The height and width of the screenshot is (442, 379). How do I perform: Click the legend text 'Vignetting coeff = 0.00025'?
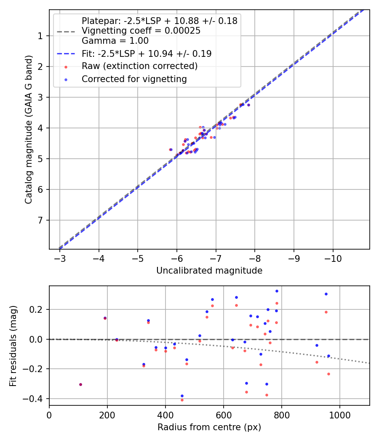pos(141,31)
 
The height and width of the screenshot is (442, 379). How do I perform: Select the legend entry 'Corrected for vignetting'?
pos(134,79)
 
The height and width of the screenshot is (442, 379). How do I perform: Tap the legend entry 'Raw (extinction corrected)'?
pos(139,66)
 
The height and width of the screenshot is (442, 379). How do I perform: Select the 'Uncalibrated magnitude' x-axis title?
pos(209,271)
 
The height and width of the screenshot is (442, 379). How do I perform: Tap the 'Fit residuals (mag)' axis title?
pos(13,346)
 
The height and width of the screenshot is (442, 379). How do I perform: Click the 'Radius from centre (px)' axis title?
pos(209,427)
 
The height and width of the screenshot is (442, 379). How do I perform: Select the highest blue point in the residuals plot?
pos(277,291)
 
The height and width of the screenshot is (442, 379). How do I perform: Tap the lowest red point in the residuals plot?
pos(182,400)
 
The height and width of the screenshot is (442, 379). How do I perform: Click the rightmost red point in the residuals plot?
pos(328,374)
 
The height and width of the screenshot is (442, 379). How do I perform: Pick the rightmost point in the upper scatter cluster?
pos(248,105)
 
